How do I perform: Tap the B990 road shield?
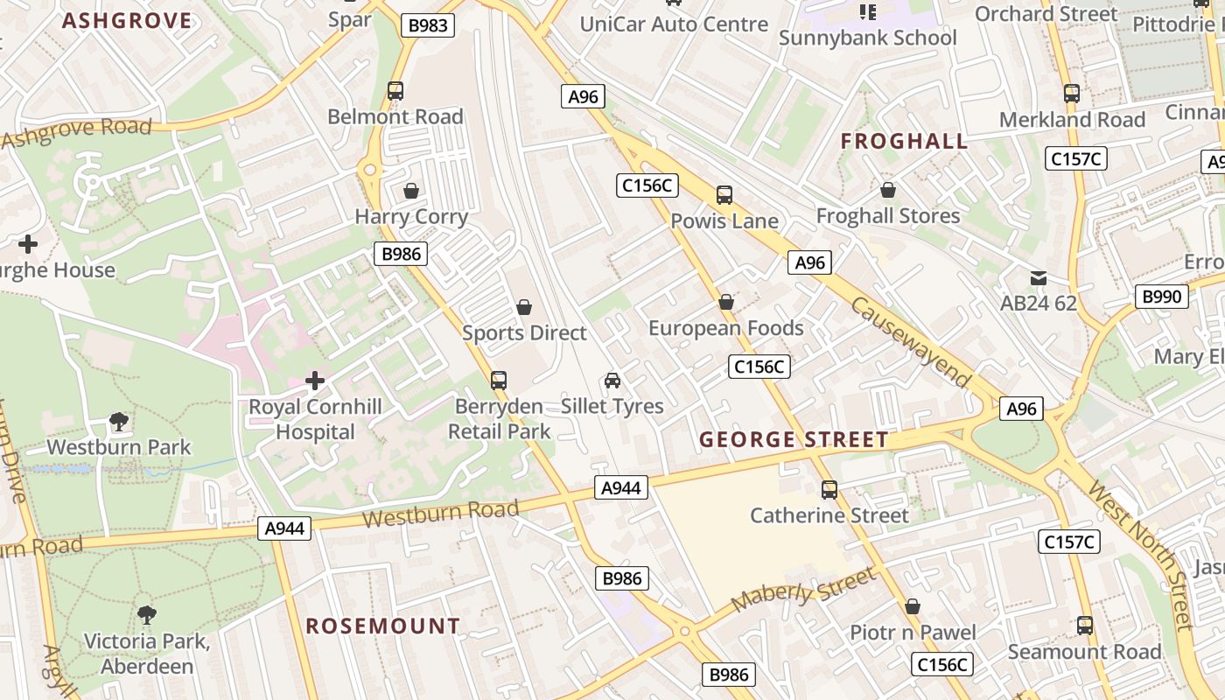[x=1162, y=297]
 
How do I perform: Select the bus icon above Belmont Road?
[x=395, y=91]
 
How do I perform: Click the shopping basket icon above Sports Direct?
[x=524, y=307]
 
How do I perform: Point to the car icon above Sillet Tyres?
[x=612, y=381]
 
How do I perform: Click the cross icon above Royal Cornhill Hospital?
[x=315, y=381]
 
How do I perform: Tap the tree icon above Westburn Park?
[x=119, y=422]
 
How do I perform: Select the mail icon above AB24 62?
[x=1038, y=278]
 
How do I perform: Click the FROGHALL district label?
[x=904, y=141]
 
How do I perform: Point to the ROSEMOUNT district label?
[x=382, y=626]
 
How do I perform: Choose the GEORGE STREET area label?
[x=794, y=439]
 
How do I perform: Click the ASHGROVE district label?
[x=127, y=21]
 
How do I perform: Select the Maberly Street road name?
[x=802, y=590]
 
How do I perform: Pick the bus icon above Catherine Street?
[x=829, y=490]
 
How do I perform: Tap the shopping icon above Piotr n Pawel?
[x=913, y=606]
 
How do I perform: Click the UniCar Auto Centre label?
[x=674, y=24]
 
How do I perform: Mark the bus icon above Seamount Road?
[x=1085, y=626]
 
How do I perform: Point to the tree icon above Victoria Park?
[x=147, y=615]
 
